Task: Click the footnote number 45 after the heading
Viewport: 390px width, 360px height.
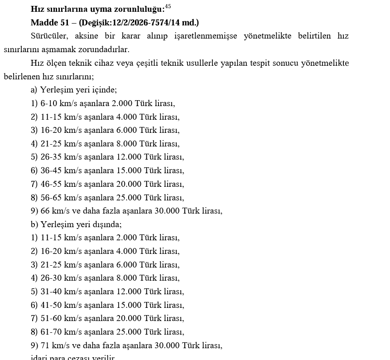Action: point(168,6)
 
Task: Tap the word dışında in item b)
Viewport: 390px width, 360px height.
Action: point(107,224)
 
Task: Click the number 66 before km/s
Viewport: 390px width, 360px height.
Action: point(45,211)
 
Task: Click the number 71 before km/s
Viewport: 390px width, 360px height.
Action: point(45,345)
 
